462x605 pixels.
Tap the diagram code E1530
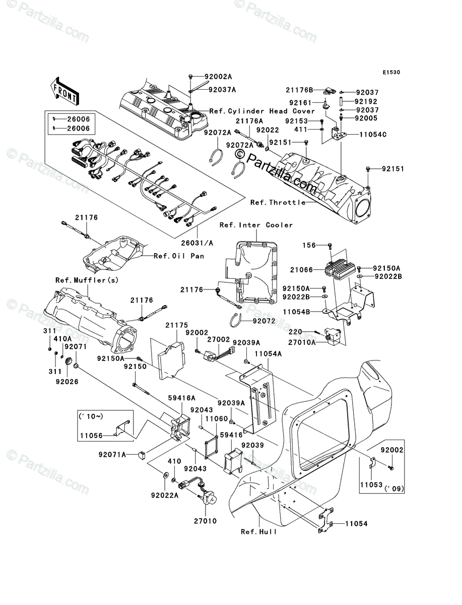[x=391, y=73]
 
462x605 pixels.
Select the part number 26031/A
[x=197, y=243]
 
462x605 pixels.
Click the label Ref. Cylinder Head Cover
[x=262, y=111]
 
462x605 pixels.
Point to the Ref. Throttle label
[x=278, y=203]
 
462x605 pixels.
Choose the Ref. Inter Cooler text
[x=256, y=225]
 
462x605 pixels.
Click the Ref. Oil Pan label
[x=179, y=256]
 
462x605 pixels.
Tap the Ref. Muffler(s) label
[x=87, y=280]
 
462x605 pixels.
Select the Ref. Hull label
[x=259, y=532]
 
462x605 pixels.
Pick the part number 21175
[x=176, y=325]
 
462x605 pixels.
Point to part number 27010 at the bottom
[x=205, y=521]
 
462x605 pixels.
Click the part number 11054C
[x=373, y=135]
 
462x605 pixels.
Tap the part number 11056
[x=91, y=436]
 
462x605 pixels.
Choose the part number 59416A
[x=182, y=398]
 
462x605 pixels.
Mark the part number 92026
[x=67, y=382]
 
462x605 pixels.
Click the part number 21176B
[x=299, y=90]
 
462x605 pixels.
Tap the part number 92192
[x=366, y=101]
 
